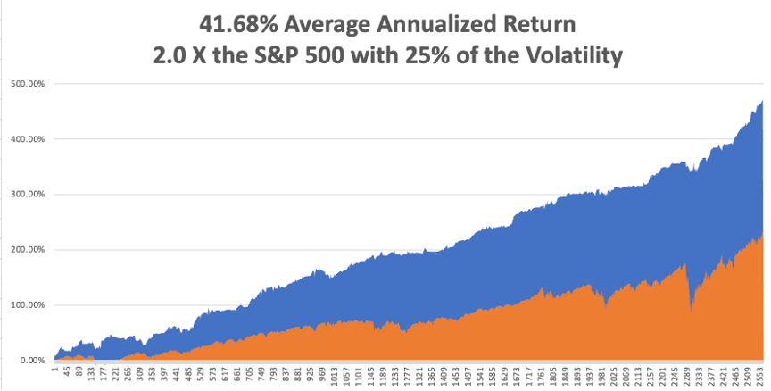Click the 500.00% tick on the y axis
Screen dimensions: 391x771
(x=28, y=84)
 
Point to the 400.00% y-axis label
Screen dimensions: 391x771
(x=28, y=139)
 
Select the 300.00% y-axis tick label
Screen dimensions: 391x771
(x=28, y=195)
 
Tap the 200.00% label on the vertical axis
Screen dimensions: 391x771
(x=28, y=250)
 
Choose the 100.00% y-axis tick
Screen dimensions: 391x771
(x=28, y=305)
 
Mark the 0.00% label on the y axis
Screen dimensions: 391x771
(x=32, y=361)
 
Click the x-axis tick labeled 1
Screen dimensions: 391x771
(x=55, y=368)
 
